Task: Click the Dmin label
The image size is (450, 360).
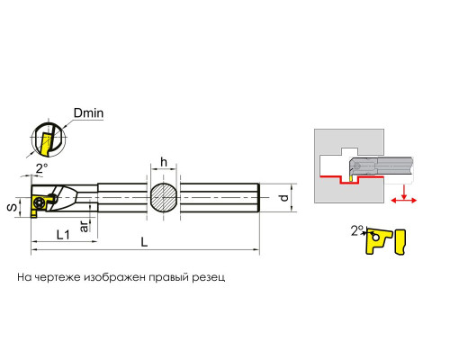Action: click(x=89, y=113)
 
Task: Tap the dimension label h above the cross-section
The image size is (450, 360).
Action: click(x=164, y=162)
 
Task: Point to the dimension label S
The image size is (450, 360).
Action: click(x=13, y=207)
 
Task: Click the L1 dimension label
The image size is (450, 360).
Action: click(x=63, y=235)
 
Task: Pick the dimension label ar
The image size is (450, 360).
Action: click(x=85, y=226)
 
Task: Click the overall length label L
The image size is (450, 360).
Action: click(x=145, y=242)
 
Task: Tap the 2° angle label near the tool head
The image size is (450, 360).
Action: click(x=42, y=168)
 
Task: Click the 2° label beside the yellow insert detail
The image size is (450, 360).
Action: click(x=357, y=230)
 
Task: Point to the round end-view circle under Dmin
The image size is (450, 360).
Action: click(x=49, y=139)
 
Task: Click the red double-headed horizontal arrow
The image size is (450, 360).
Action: click(x=404, y=201)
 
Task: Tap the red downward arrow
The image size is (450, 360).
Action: click(x=404, y=192)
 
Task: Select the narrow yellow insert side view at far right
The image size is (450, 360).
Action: click(x=401, y=242)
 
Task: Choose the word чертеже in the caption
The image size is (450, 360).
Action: click(x=58, y=277)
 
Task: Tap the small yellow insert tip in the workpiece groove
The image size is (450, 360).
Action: click(x=350, y=178)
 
